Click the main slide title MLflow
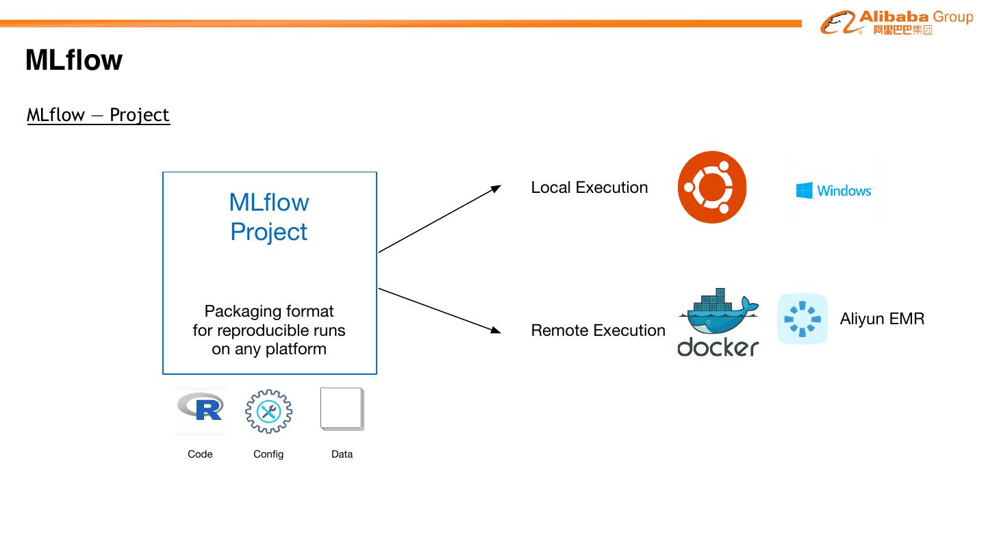(x=74, y=60)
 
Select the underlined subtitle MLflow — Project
(x=98, y=115)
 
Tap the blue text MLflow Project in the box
(x=269, y=217)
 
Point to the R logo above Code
(x=200, y=408)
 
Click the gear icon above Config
(x=268, y=411)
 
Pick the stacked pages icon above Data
(x=342, y=409)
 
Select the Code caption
(x=200, y=454)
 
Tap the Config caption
(x=268, y=454)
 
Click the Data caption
(x=342, y=454)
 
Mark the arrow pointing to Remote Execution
(x=440, y=311)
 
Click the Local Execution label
(x=589, y=187)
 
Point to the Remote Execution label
(x=598, y=330)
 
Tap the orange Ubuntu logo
(x=712, y=187)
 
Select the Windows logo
(x=833, y=190)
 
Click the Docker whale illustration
(x=718, y=311)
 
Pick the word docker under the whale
(x=718, y=347)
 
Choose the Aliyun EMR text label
(x=882, y=319)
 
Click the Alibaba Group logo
(x=896, y=23)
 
